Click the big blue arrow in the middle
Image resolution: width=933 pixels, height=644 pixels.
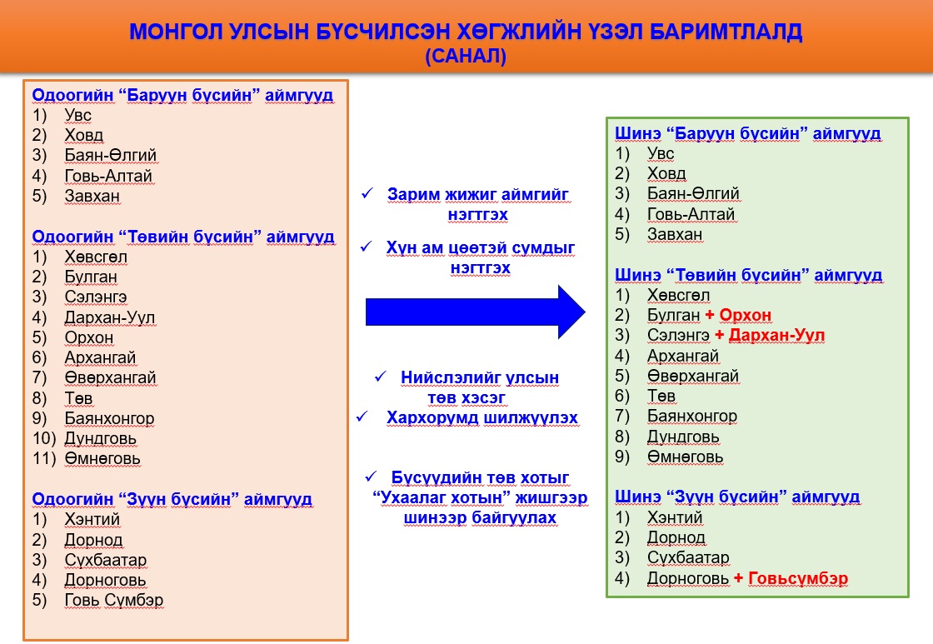[475, 312]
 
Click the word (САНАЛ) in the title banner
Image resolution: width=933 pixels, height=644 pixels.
[466, 56]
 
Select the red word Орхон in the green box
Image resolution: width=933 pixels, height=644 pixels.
[746, 315]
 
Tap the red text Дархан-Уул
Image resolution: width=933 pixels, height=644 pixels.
[776, 335]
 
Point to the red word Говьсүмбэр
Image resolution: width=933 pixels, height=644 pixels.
[798, 578]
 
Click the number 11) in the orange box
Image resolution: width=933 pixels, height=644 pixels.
[44, 458]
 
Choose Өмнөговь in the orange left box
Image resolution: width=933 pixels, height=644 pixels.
[102, 458]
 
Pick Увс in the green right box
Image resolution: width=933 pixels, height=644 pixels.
[661, 153]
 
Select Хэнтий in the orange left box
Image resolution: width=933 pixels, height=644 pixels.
[92, 519]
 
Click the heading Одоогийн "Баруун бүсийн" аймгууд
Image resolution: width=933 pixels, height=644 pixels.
[182, 95]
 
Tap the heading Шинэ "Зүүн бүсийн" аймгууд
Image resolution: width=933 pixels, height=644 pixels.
[737, 497]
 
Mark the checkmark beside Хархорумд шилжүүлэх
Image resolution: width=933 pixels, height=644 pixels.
[362, 417]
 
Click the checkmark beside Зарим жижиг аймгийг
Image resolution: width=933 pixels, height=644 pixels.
[367, 193]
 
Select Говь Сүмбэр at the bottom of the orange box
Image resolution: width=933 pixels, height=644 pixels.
[113, 600]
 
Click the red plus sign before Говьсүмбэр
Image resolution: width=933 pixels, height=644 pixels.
[738, 578]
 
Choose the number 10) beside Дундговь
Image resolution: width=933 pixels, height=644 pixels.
[44, 438]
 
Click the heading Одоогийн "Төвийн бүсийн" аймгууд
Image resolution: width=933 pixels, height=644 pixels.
[183, 237]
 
